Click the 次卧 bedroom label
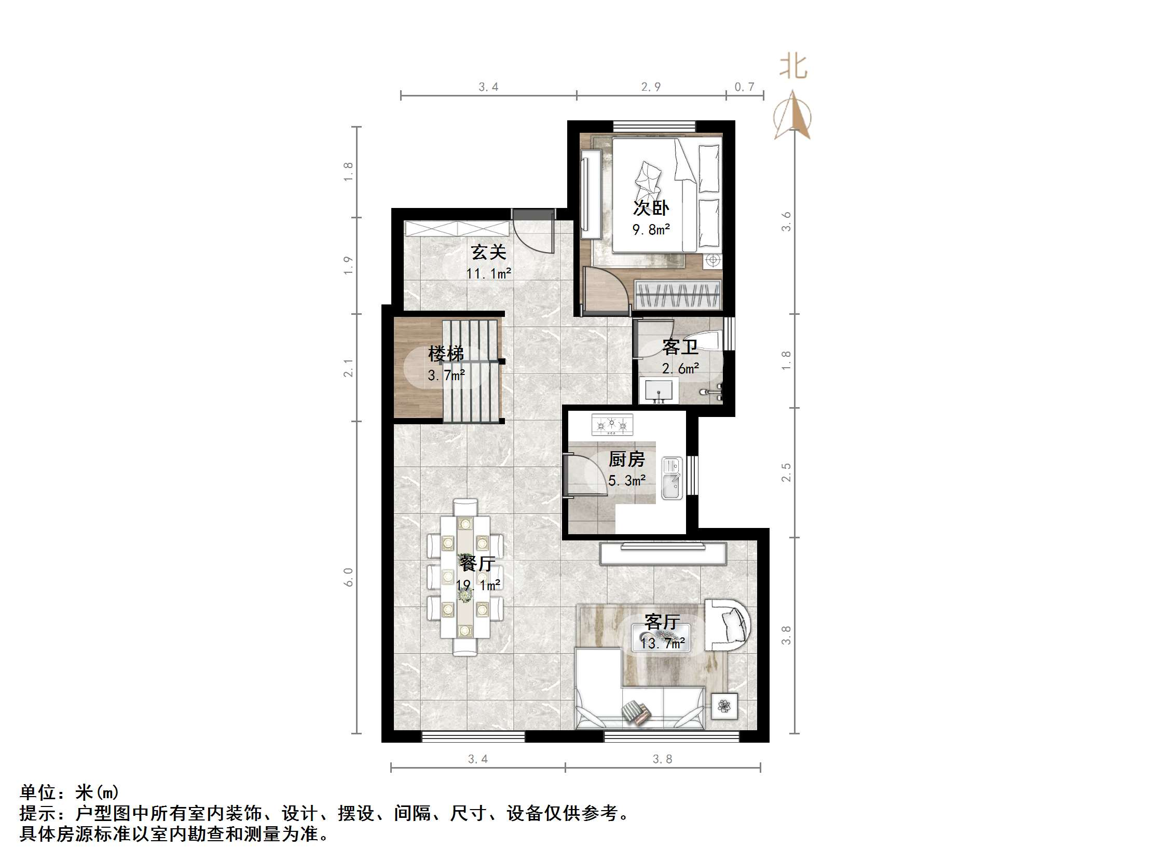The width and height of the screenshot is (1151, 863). click(650, 208)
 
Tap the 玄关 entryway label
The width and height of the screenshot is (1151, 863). click(489, 252)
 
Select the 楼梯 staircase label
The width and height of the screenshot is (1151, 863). click(445, 354)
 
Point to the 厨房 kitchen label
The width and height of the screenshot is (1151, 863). click(626, 460)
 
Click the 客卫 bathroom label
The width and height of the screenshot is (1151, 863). click(680, 347)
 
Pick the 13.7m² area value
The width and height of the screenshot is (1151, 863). click(662, 644)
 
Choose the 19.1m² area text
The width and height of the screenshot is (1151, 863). click(478, 585)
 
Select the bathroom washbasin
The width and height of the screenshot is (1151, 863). click(658, 390)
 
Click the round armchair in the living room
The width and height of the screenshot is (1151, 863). click(728, 625)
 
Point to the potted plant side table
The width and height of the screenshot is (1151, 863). click(724, 706)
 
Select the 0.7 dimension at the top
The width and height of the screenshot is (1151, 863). click(744, 87)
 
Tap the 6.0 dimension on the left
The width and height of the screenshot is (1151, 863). click(348, 577)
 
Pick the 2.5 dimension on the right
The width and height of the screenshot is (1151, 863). click(786, 472)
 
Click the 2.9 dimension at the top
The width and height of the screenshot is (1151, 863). click(650, 87)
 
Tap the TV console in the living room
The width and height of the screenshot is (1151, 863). click(663, 553)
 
